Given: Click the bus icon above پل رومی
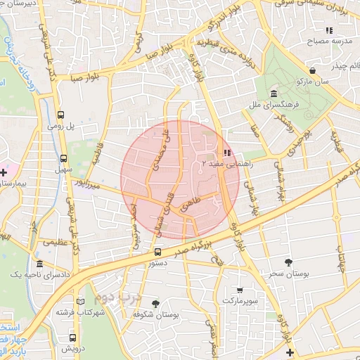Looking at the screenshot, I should point(62,115).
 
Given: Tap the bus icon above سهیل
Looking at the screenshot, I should point(64,159).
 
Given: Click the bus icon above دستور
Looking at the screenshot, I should point(157,251).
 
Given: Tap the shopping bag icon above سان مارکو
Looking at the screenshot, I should point(311,71).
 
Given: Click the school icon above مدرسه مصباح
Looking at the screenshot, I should point(328,30).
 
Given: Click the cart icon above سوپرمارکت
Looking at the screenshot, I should point(240,289).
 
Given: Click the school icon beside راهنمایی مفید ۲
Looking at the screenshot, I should point(226,153).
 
